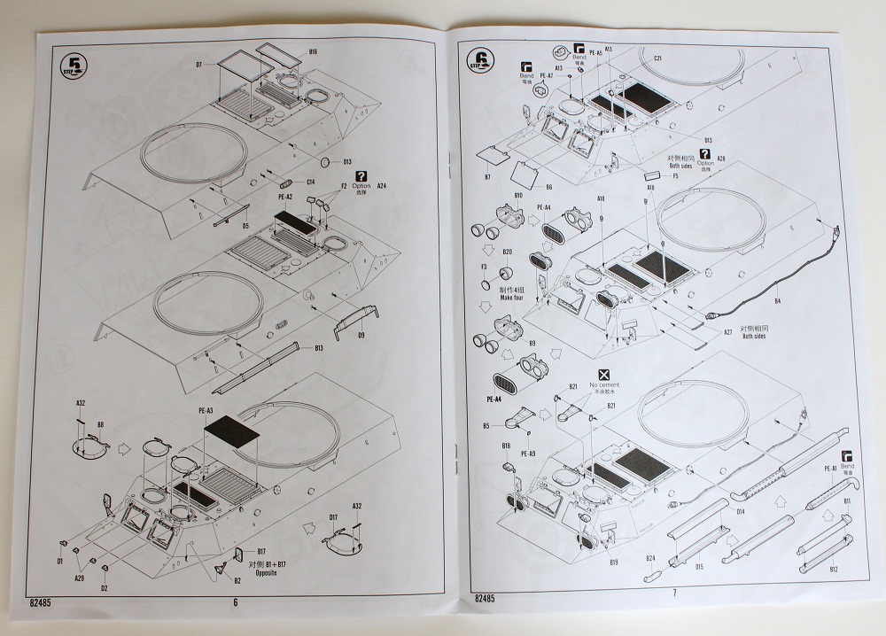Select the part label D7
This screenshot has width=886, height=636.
click(199, 65)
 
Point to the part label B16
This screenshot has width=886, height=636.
click(313, 52)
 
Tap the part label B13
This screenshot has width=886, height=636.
click(318, 348)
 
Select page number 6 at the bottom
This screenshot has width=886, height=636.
click(236, 603)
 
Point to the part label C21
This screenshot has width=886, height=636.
click(657, 58)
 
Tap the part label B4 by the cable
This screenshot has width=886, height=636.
click(777, 302)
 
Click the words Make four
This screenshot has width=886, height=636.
click(513, 298)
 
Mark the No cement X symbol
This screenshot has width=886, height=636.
click(603, 376)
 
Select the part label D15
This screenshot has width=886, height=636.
click(698, 566)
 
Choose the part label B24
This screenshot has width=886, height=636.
click(649, 558)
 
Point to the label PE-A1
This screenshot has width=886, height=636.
click(831, 468)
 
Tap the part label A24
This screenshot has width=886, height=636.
click(382, 187)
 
